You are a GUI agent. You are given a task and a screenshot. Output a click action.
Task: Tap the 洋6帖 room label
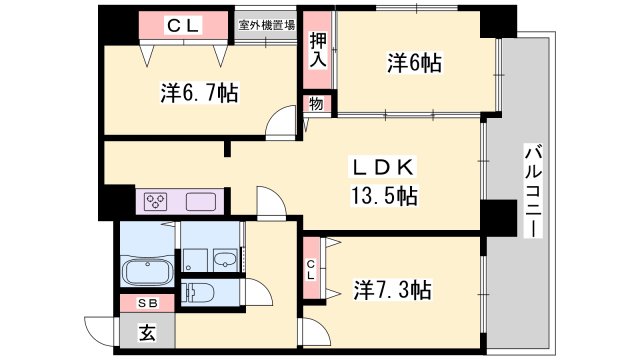click(415, 64)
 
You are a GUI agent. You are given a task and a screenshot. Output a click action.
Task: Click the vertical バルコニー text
click(532, 190)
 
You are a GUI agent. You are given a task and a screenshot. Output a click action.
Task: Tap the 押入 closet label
click(317, 49)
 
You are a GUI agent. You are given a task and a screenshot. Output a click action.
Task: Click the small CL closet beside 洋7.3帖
click(311, 268)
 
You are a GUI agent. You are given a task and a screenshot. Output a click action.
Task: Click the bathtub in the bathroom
click(148, 270)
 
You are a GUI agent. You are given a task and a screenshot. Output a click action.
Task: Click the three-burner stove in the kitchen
click(157, 201)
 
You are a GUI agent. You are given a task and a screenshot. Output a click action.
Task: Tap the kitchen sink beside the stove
click(202, 200)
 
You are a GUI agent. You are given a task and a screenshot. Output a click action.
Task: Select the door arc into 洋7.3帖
click(312, 332)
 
